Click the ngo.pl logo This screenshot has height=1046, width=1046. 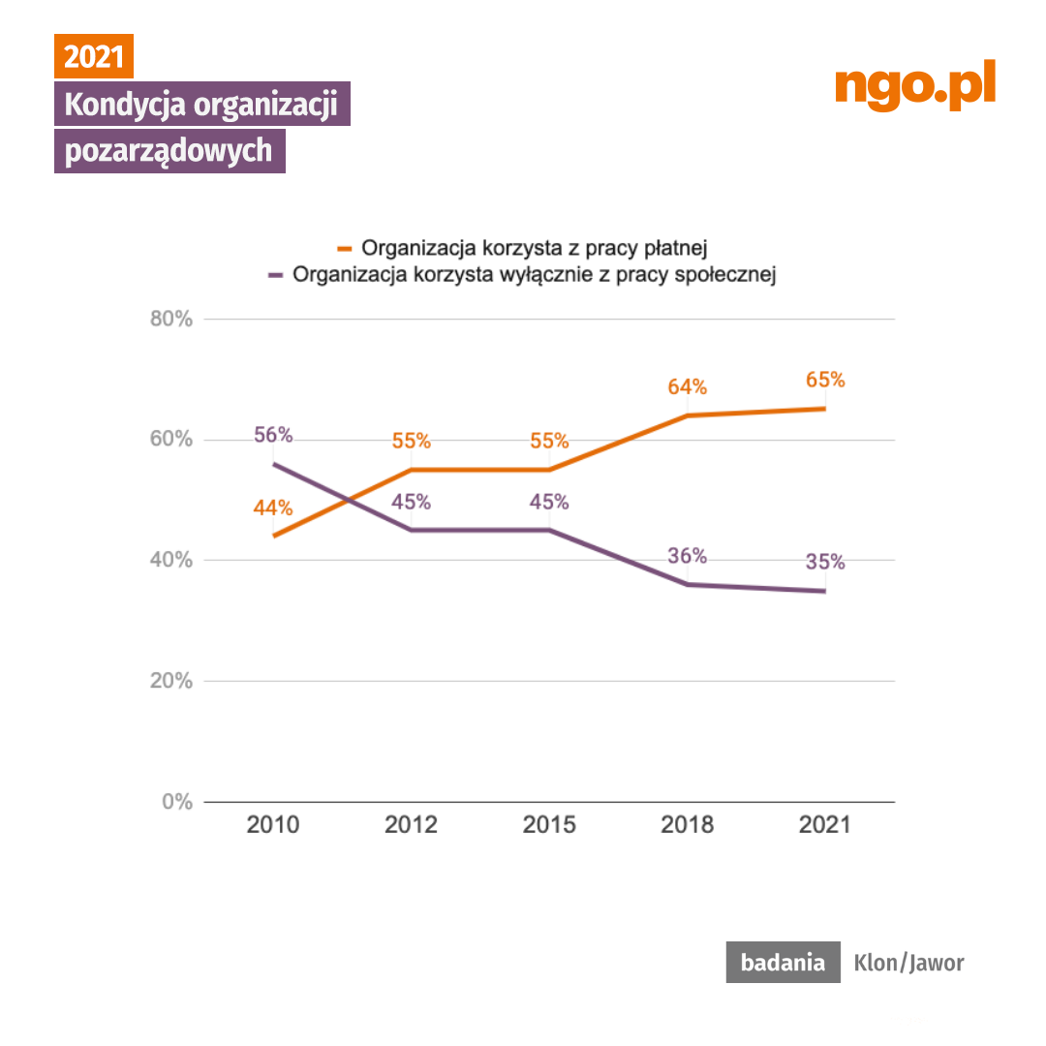click(x=915, y=86)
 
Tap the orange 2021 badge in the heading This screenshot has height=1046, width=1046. click(x=93, y=56)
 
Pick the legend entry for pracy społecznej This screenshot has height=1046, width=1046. click(x=523, y=274)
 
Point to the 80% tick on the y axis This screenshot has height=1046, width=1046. click(x=172, y=319)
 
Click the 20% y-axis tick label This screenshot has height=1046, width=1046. click(x=172, y=681)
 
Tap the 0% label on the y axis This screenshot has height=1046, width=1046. click(x=178, y=802)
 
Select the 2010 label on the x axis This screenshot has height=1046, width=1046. click(x=273, y=825)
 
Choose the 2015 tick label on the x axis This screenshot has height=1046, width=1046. click(x=549, y=825)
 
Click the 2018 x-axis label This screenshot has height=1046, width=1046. click(x=687, y=825)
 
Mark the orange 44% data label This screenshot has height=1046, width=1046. click(x=273, y=507)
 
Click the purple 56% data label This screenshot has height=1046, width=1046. click(x=273, y=435)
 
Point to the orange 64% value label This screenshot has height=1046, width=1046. click(x=687, y=387)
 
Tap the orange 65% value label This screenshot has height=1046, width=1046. click(x=825, y=380)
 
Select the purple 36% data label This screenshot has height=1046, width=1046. click(x=687, y=556)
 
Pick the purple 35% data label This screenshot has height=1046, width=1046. click(x=825, y=562)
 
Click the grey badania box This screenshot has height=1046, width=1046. click(x=783, y=963)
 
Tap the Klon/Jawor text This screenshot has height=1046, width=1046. click(x=908, y=963)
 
